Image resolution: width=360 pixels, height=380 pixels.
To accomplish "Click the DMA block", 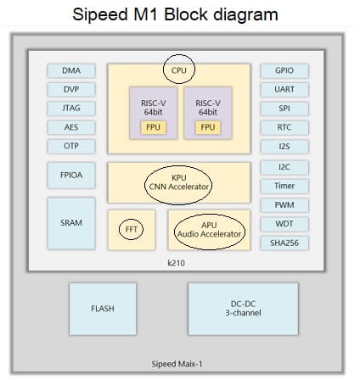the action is (x=71, y=70).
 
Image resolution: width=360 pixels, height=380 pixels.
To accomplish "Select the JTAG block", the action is (x=71, y=109).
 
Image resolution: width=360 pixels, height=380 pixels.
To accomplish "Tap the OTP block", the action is (x=71, y=146).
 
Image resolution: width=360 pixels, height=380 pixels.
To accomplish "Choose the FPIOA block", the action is (x=71, y=176).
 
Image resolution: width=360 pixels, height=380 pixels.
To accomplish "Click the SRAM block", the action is (x=71, y=223).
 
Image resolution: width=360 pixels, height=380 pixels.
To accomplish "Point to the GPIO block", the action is (x=284, y=70).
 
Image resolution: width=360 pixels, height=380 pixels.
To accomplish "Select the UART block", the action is (x=284, y=90).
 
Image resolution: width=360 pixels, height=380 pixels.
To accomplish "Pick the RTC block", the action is (x=284, y=127).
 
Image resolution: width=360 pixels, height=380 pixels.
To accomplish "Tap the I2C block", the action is (x=284, y=167).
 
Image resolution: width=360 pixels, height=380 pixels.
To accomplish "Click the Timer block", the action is (x=284, y=186).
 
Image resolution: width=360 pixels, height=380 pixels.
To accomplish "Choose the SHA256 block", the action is (x=284, y=243).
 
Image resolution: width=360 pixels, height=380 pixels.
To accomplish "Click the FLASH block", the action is (x=103, y=309).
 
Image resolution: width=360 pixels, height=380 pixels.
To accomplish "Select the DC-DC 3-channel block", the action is (x=243, y=309).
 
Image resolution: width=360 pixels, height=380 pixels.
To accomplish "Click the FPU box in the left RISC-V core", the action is (x=153, y=127).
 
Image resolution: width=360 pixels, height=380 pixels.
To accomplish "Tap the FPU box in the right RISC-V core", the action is (x=208, y=127).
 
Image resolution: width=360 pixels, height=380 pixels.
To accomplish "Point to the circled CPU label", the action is (x=179, y=70).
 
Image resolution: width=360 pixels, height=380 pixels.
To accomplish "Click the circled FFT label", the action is (x=131, y=229).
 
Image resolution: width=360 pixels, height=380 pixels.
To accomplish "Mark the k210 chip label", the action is (x=176, y=263).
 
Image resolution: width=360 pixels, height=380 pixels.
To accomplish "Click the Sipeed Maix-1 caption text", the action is (x=177, y=364).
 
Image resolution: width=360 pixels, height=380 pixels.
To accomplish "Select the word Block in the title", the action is (x=186, y=14).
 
